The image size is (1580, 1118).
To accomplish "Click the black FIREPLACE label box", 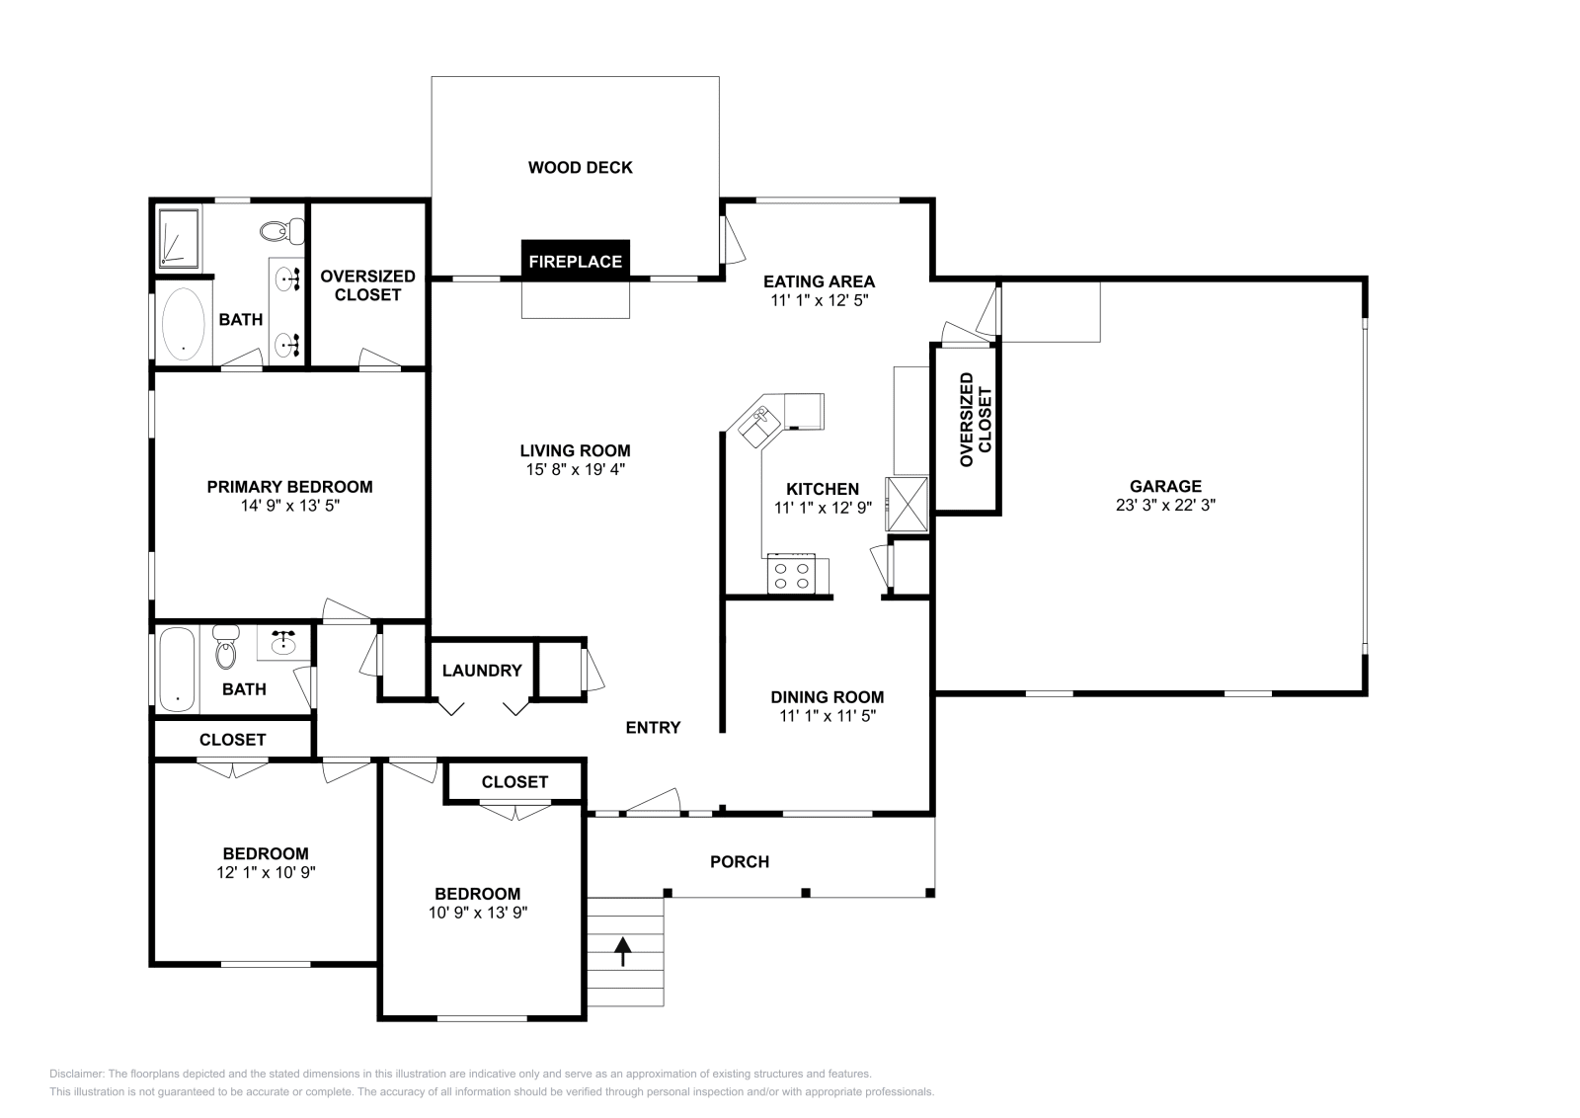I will point(576,261).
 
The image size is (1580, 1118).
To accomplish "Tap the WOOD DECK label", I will point(580,168).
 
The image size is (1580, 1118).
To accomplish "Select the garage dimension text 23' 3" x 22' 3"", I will point(1165,505).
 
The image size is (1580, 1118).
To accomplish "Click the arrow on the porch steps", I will point(622,951).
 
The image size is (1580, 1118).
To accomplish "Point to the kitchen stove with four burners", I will point(791,575).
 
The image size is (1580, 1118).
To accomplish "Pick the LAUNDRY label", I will point(482,671).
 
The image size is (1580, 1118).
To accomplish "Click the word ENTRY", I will point(653,728).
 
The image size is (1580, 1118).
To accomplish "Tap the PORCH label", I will point(740,862).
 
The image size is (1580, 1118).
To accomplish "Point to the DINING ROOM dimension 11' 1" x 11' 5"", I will point(828,716).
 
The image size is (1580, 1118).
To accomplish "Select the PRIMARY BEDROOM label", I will point(289,487).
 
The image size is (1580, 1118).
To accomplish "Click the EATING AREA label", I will point(819,281).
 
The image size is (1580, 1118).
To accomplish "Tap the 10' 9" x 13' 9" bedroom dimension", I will point(478,914).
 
